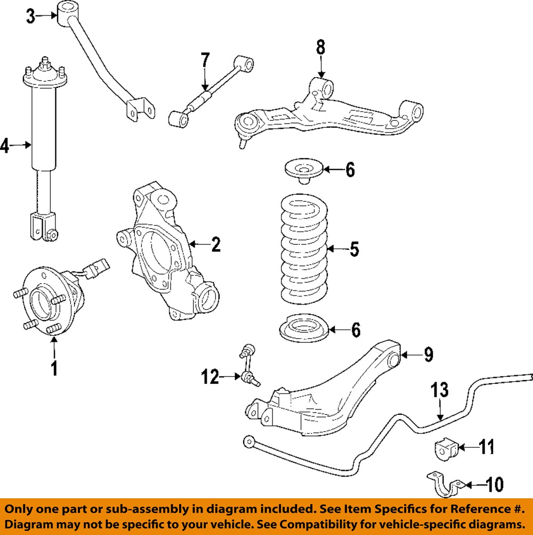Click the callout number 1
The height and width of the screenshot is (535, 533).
[53, 368]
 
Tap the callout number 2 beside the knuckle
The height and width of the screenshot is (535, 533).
[215, 245]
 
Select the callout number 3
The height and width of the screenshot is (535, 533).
[31, 17]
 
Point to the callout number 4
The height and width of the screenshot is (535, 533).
[5, 145]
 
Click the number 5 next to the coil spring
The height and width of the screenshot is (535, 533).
[354, 249]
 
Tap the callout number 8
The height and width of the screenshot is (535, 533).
[320, 48]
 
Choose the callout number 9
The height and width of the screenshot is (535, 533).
[428, 354]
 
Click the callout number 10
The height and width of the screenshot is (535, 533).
[495, 484]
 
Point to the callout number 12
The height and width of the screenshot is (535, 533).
[209, 377]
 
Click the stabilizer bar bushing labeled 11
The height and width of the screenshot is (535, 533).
[443, 448]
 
